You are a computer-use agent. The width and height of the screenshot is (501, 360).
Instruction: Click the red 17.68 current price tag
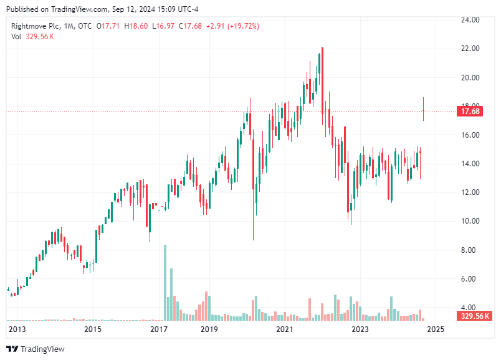tap(469, 111)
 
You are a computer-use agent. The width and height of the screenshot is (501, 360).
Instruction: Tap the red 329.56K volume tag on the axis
tap(474, 316)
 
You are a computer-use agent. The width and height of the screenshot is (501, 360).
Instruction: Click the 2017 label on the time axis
tap(160, 329)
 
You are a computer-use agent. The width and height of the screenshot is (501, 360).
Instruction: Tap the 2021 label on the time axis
tap(285, 329)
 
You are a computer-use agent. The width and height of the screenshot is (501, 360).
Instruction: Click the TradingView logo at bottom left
tap(36, 349)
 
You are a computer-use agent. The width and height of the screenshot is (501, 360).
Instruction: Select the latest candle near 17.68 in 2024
tap(423, 110)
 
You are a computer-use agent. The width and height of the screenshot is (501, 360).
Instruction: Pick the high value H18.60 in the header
tap(136, 26)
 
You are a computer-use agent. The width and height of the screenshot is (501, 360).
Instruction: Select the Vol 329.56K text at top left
tap(32, 36)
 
